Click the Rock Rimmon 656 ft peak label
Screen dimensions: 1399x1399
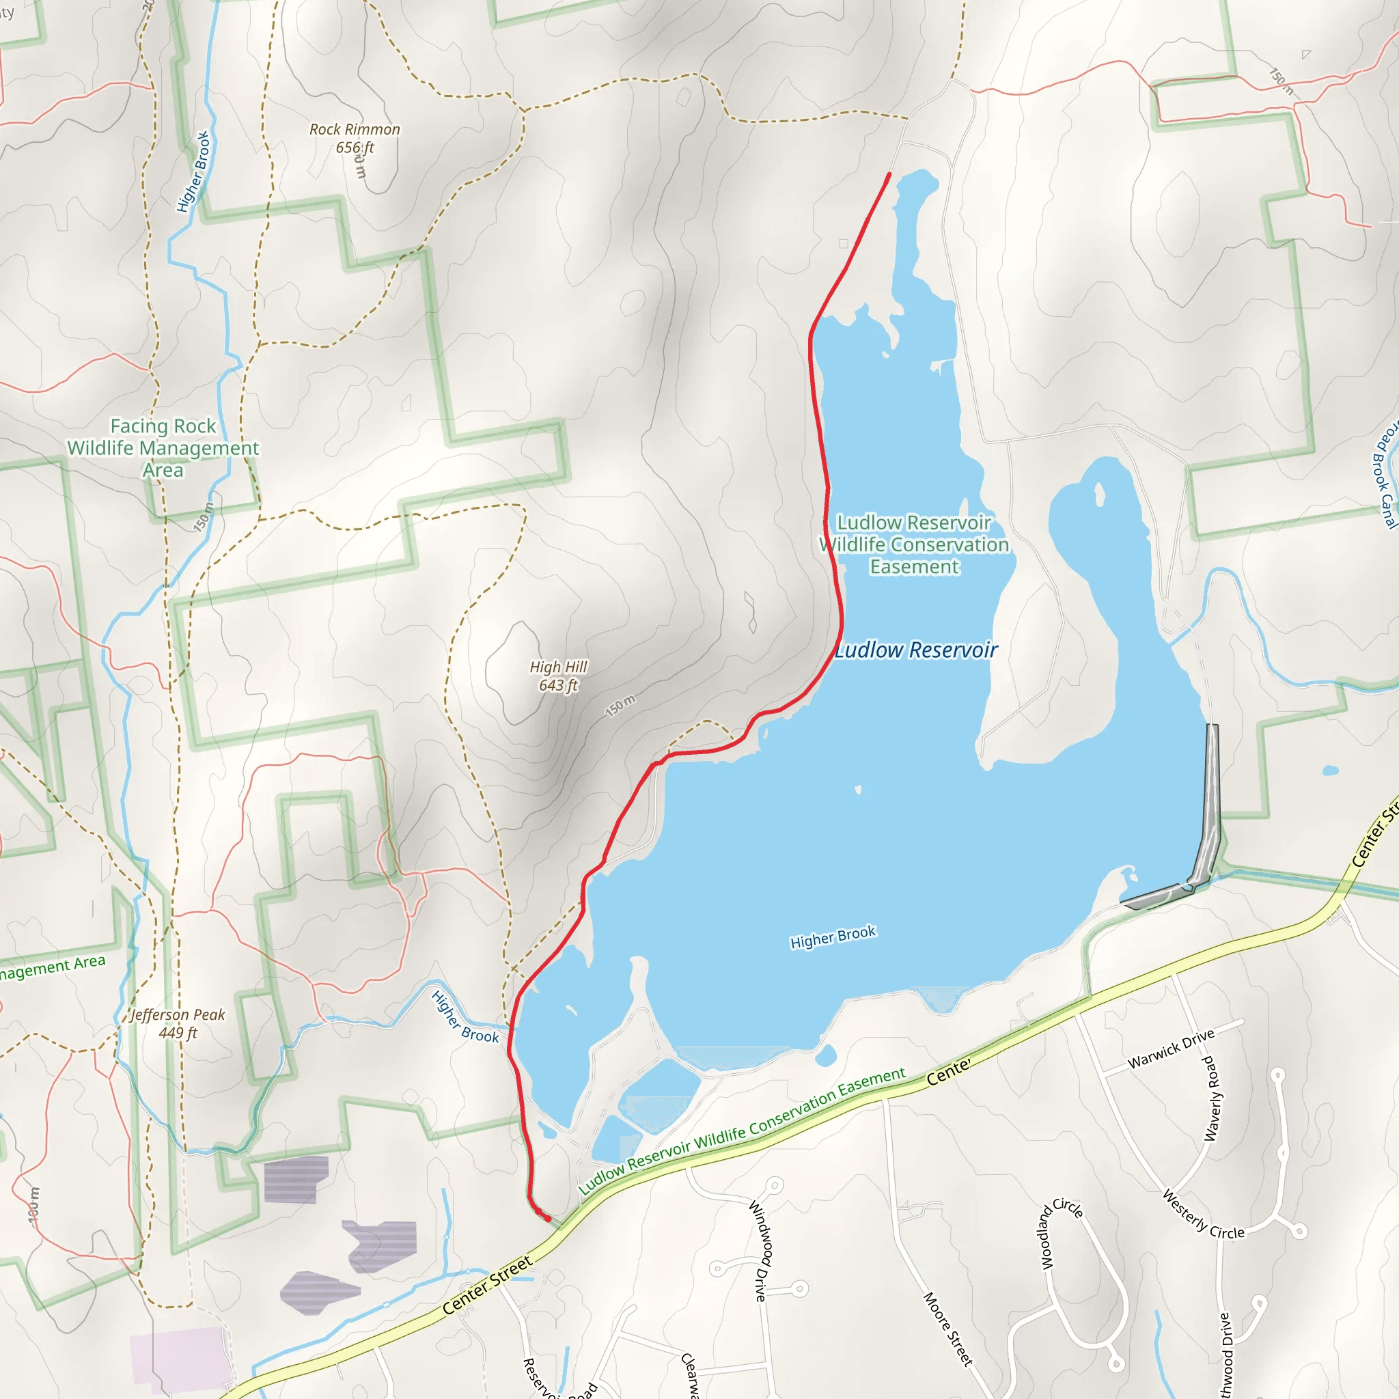tap(355, 138)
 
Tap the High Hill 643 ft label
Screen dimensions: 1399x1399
tap(558, 676)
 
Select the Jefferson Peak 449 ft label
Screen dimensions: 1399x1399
tap(178, 1023)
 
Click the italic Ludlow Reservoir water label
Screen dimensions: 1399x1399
tap(917, 650)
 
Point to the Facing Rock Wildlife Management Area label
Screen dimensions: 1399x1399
tap(163, 447)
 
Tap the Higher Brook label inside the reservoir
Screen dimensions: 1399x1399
tap(833, 937)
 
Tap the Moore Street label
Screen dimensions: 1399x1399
tap(948, 1329)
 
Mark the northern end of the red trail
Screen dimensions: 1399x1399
tap(889, 174)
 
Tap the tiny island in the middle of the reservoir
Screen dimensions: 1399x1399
tap(858, 789)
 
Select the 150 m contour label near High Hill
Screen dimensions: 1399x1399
tap(620, 705)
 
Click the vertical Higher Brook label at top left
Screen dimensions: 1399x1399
tap(193, 171)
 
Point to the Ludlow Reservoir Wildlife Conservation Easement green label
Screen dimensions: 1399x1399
tap(914, 544)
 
